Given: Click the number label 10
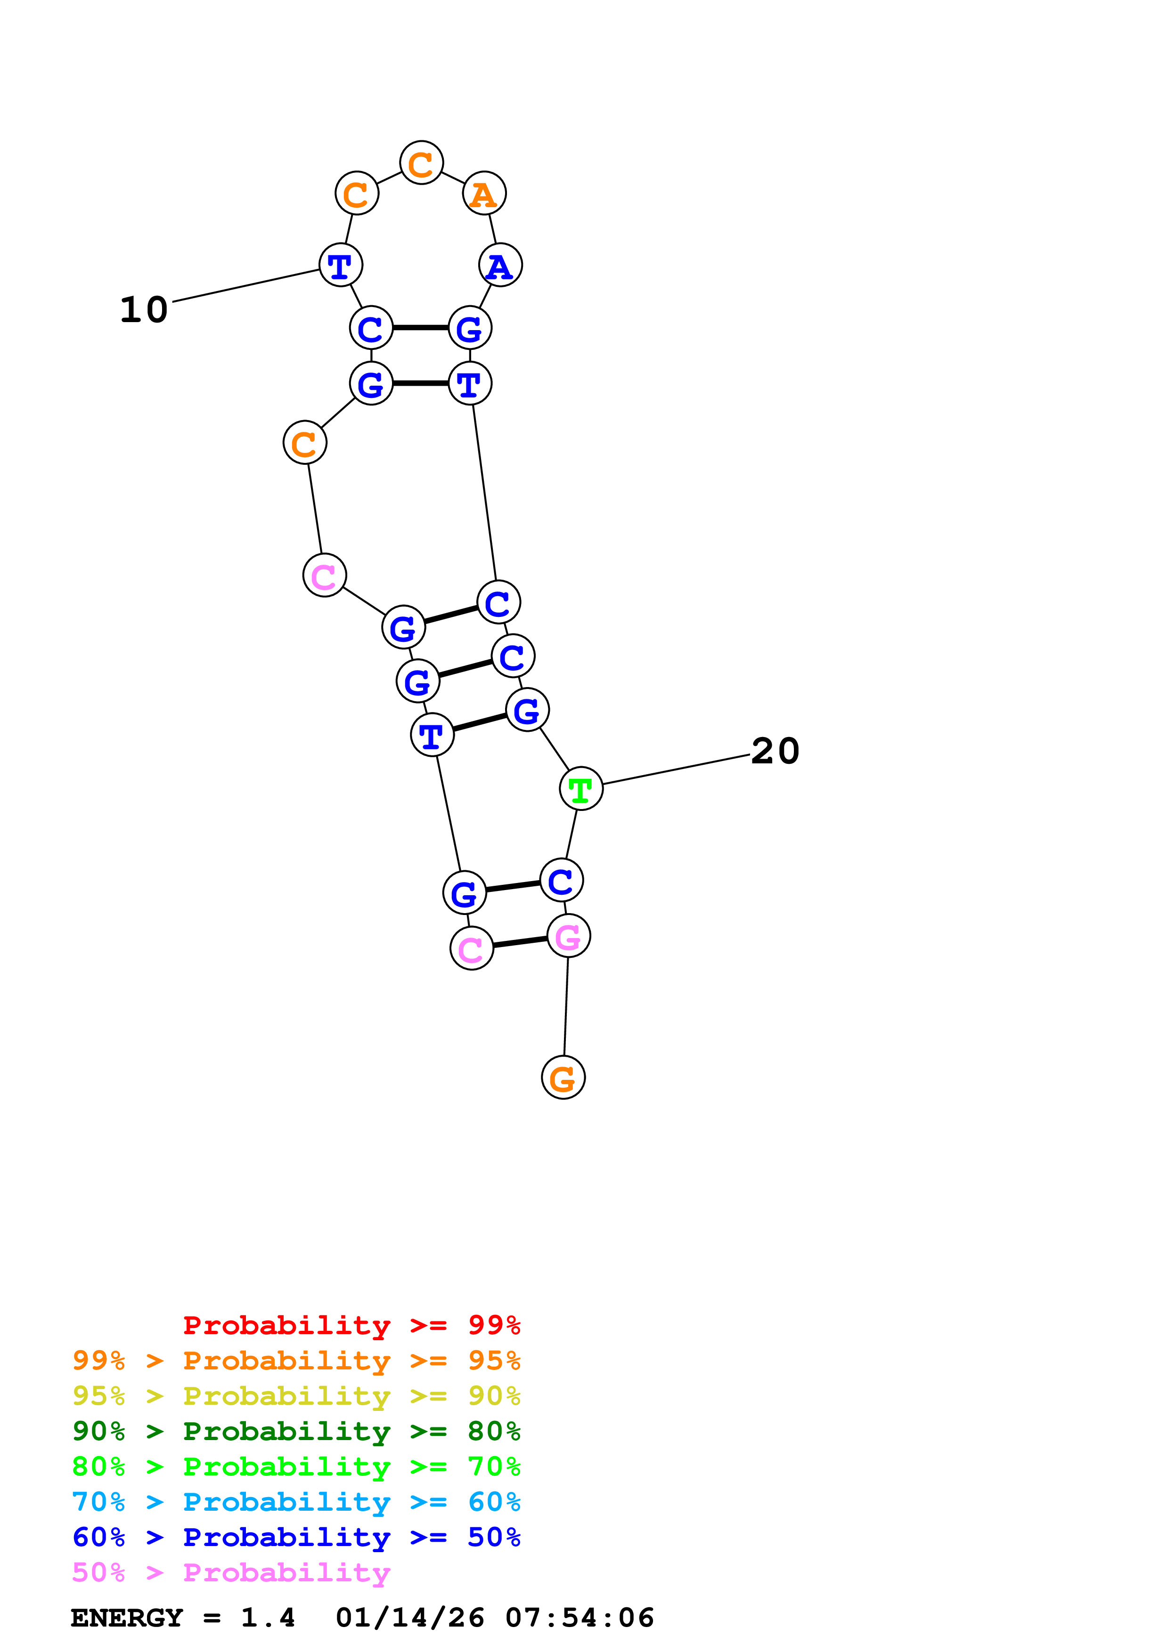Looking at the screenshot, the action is click(x=144, y=310).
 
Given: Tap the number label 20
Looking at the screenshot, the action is click(x=775, y=751).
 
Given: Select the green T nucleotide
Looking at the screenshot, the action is click(x=581, y=789).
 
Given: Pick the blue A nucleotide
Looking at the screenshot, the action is click(x=500, y=265).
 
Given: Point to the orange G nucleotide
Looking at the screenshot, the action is click(x=563, y=1077).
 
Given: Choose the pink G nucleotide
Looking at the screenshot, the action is click(x=569, y=936).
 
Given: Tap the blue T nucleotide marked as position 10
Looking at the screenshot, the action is click(x=340, y=265).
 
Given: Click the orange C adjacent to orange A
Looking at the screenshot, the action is click(x=421, y=162).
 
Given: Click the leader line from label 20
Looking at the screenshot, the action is click(x=676, y=769).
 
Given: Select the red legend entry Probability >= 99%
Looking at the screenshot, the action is click(x=352, y=1325).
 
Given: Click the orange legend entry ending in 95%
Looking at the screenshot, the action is click(x=296, y=1360).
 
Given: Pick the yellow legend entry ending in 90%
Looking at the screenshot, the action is click(x=296, y=1395).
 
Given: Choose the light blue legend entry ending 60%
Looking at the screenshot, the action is click(x=296, y=1502).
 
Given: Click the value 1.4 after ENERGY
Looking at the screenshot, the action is click(x=268, y=1618).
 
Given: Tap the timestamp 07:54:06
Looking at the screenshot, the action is click(x=580, y=1618).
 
